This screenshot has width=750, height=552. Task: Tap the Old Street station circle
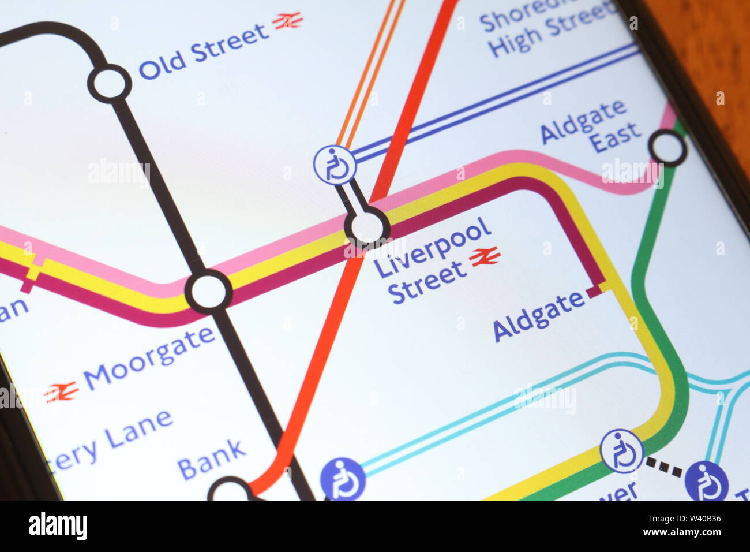tap(110, 84)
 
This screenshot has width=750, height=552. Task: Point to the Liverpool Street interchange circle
tap(367, 227)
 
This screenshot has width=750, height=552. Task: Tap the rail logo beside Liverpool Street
tap(485, 256)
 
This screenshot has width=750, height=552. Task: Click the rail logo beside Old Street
tap(287, 21)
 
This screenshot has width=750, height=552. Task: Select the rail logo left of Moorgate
tap(61, 392)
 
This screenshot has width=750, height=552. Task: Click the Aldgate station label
tap(539, 316)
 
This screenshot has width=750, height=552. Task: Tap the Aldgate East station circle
tap(667, 148)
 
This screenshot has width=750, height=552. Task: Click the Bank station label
tap(211, 459)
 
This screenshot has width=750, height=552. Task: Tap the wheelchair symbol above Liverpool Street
tap(335, 165)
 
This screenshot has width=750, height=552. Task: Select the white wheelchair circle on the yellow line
tap(621, 451)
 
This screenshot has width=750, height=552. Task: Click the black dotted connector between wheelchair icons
tap(663, 465)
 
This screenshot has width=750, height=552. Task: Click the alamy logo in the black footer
tap(58, 526)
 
